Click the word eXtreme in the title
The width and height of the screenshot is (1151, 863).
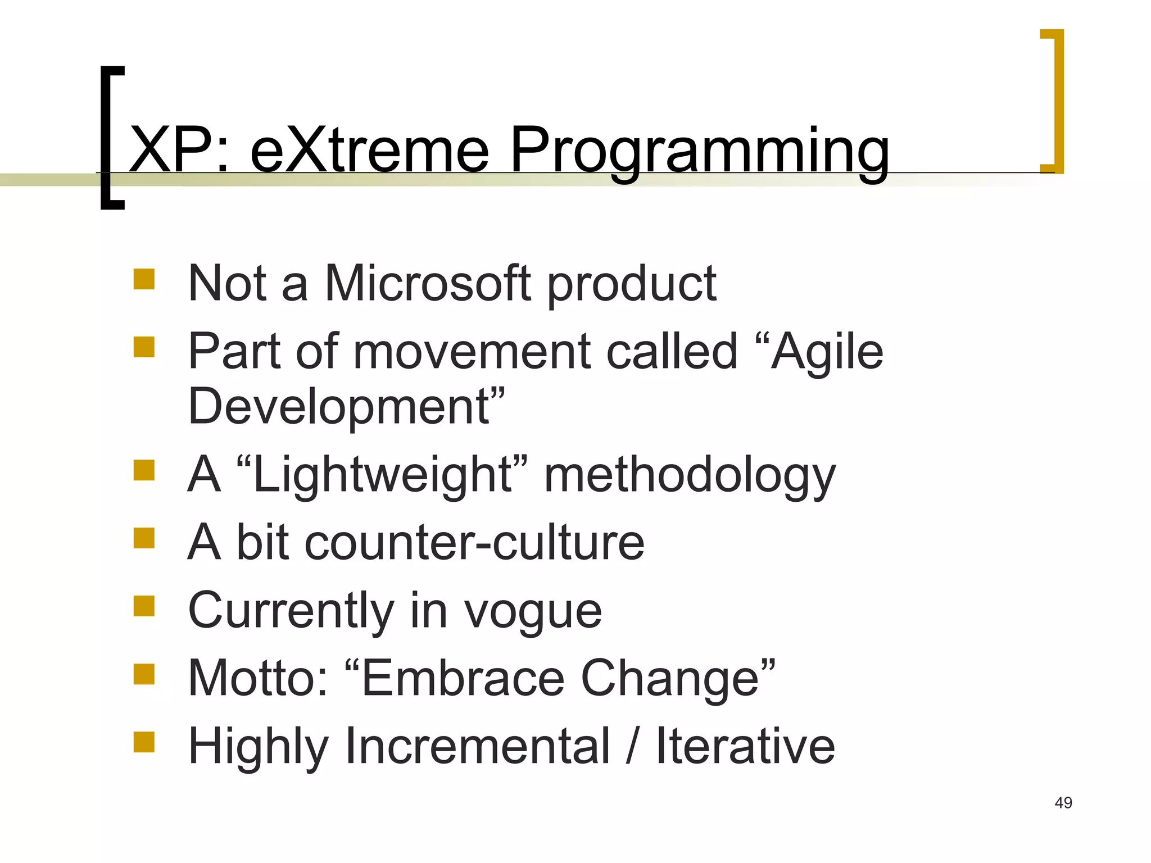pos(369,150)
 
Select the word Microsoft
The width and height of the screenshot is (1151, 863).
pos(428,284)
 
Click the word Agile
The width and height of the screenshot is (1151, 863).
pos(827,353)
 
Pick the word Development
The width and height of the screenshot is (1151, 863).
pos(339,407)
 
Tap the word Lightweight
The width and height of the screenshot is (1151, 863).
pos(382,475)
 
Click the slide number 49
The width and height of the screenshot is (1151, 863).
pos(1063,803)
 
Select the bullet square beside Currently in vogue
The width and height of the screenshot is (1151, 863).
pos(144,606)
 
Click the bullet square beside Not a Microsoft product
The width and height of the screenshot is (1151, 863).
pos(144,279)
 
